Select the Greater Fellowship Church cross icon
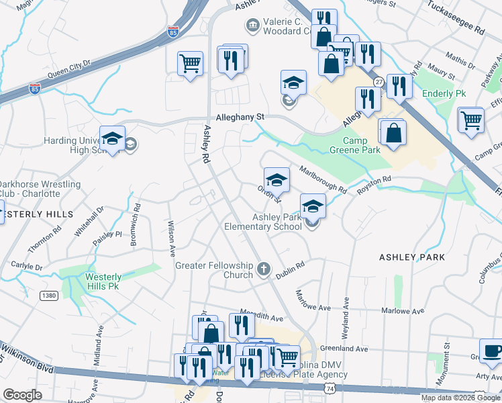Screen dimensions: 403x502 click(264, 269)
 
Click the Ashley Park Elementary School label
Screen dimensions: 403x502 click(277, 222)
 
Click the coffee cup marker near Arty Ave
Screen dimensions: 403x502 click(492, 351)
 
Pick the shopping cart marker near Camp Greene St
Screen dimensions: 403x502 click(472, 121)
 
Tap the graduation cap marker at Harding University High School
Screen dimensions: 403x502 click(112, 140)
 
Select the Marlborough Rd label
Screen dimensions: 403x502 click(323, 179)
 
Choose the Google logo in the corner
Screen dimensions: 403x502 click(23, 394)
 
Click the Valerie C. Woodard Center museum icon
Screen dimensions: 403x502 click(252, 26)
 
